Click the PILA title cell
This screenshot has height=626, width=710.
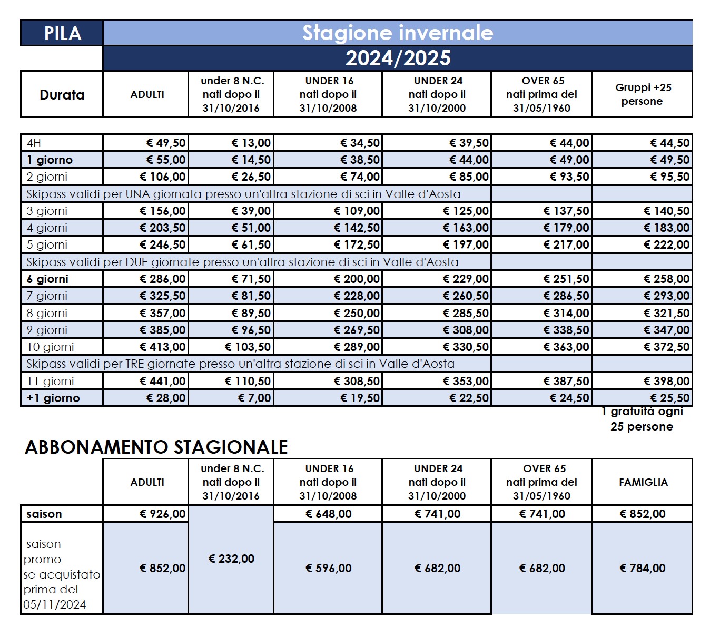point(62,33)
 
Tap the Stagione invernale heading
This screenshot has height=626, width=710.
point(398,33)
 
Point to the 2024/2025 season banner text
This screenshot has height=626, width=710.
point(398,58)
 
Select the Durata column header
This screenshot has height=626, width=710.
point(62,95)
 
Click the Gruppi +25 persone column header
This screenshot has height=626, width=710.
point(643,94)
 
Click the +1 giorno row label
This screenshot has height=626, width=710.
point(53,398)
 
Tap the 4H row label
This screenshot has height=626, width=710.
point(34,143)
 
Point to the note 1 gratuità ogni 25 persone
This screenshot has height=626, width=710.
point(642,419)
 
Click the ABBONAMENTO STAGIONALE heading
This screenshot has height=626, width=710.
point(156,447)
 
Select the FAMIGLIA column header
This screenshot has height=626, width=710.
point(643,482)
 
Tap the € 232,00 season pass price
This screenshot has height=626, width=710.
point(231,559)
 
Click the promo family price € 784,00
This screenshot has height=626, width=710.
point(643,568)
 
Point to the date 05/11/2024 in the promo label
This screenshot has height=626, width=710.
point(55,604)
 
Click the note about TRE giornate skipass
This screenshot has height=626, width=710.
point(240,364)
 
